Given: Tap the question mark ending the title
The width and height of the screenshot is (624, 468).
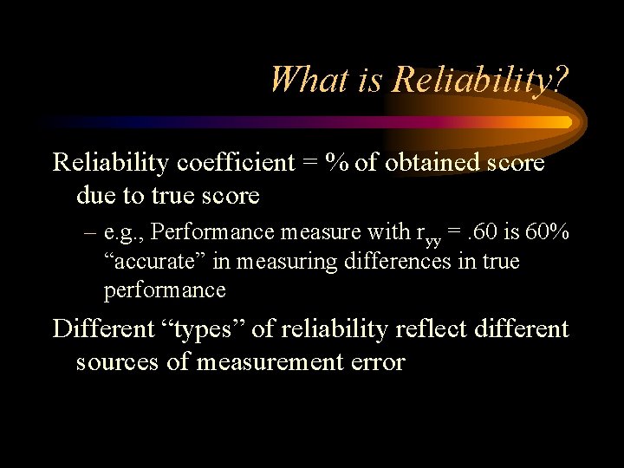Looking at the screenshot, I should point(561,80).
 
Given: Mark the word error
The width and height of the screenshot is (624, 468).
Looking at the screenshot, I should point(374,362).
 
